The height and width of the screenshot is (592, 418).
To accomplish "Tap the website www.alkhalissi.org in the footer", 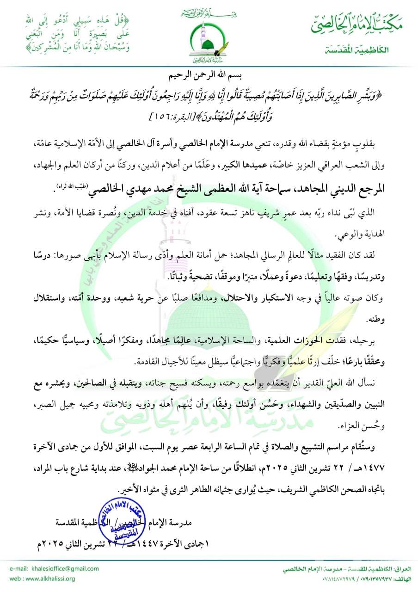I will [x=52, y=579].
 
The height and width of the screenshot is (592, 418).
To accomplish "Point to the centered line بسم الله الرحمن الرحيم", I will [x=209, y=74].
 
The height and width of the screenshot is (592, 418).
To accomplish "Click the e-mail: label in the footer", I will [x=16, y=569].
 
